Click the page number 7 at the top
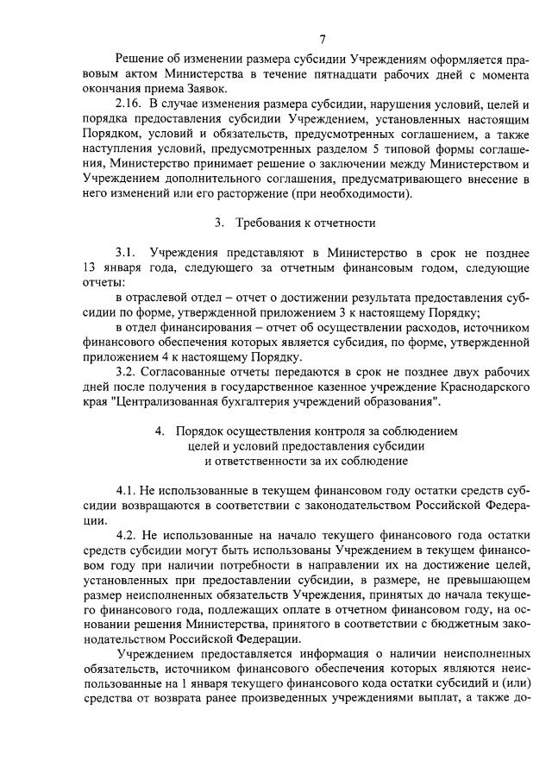[x=321, y=37]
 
